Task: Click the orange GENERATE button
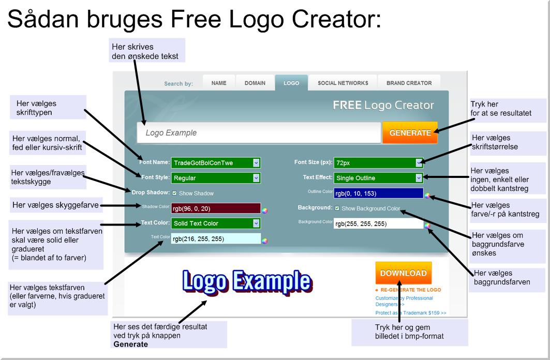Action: (x=410, y=132)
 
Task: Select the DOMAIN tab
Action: (x=255, y=83)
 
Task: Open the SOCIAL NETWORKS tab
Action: (x=343, y=83)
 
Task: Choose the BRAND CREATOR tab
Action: (x=409, y=83)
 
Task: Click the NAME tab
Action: (x=219, y=83)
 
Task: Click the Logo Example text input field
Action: (x=259, y=132)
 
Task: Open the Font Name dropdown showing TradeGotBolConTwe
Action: (x=216, y=162)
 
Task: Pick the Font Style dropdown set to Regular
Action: (x=216, y=178)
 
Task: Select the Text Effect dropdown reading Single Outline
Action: (x=378, y=178)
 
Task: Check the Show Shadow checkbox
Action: (x=174, y=193)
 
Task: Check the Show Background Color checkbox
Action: (x=337, y=208)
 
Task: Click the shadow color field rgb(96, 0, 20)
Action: (x=216, y=208)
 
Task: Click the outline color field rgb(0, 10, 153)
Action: (x=378, y=193)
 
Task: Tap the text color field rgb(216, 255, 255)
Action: (x=216, y=239)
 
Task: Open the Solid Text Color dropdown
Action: (x=216, y=223)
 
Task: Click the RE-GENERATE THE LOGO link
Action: (x=410, y=290)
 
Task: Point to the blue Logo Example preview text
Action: (x=247, y=282)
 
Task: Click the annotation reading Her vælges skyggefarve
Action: (x=55, y=205)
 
